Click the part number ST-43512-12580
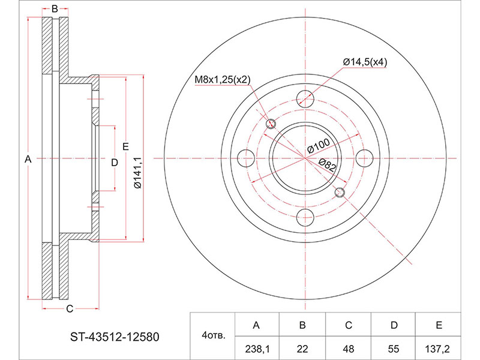pyautogui.click(x=115, y=337)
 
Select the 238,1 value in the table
pyautogui.click(x=257, y=349)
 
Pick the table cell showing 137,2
pyautogui.click(x=437, y=349)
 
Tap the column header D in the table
pyautogui.click(x=394, y=325)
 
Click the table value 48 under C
pyautogui.click(x=349, y=349)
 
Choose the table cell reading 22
pyautogui.click(x=302, y=349)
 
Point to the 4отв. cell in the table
pyautogui.click(x=214, y=335)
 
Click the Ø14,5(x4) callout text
pyautogui.click(x=365, y=62)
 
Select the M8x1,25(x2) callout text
pyautogui.click(x=223, y=80)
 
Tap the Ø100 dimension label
pyautogui.click(x=319, y=146)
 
